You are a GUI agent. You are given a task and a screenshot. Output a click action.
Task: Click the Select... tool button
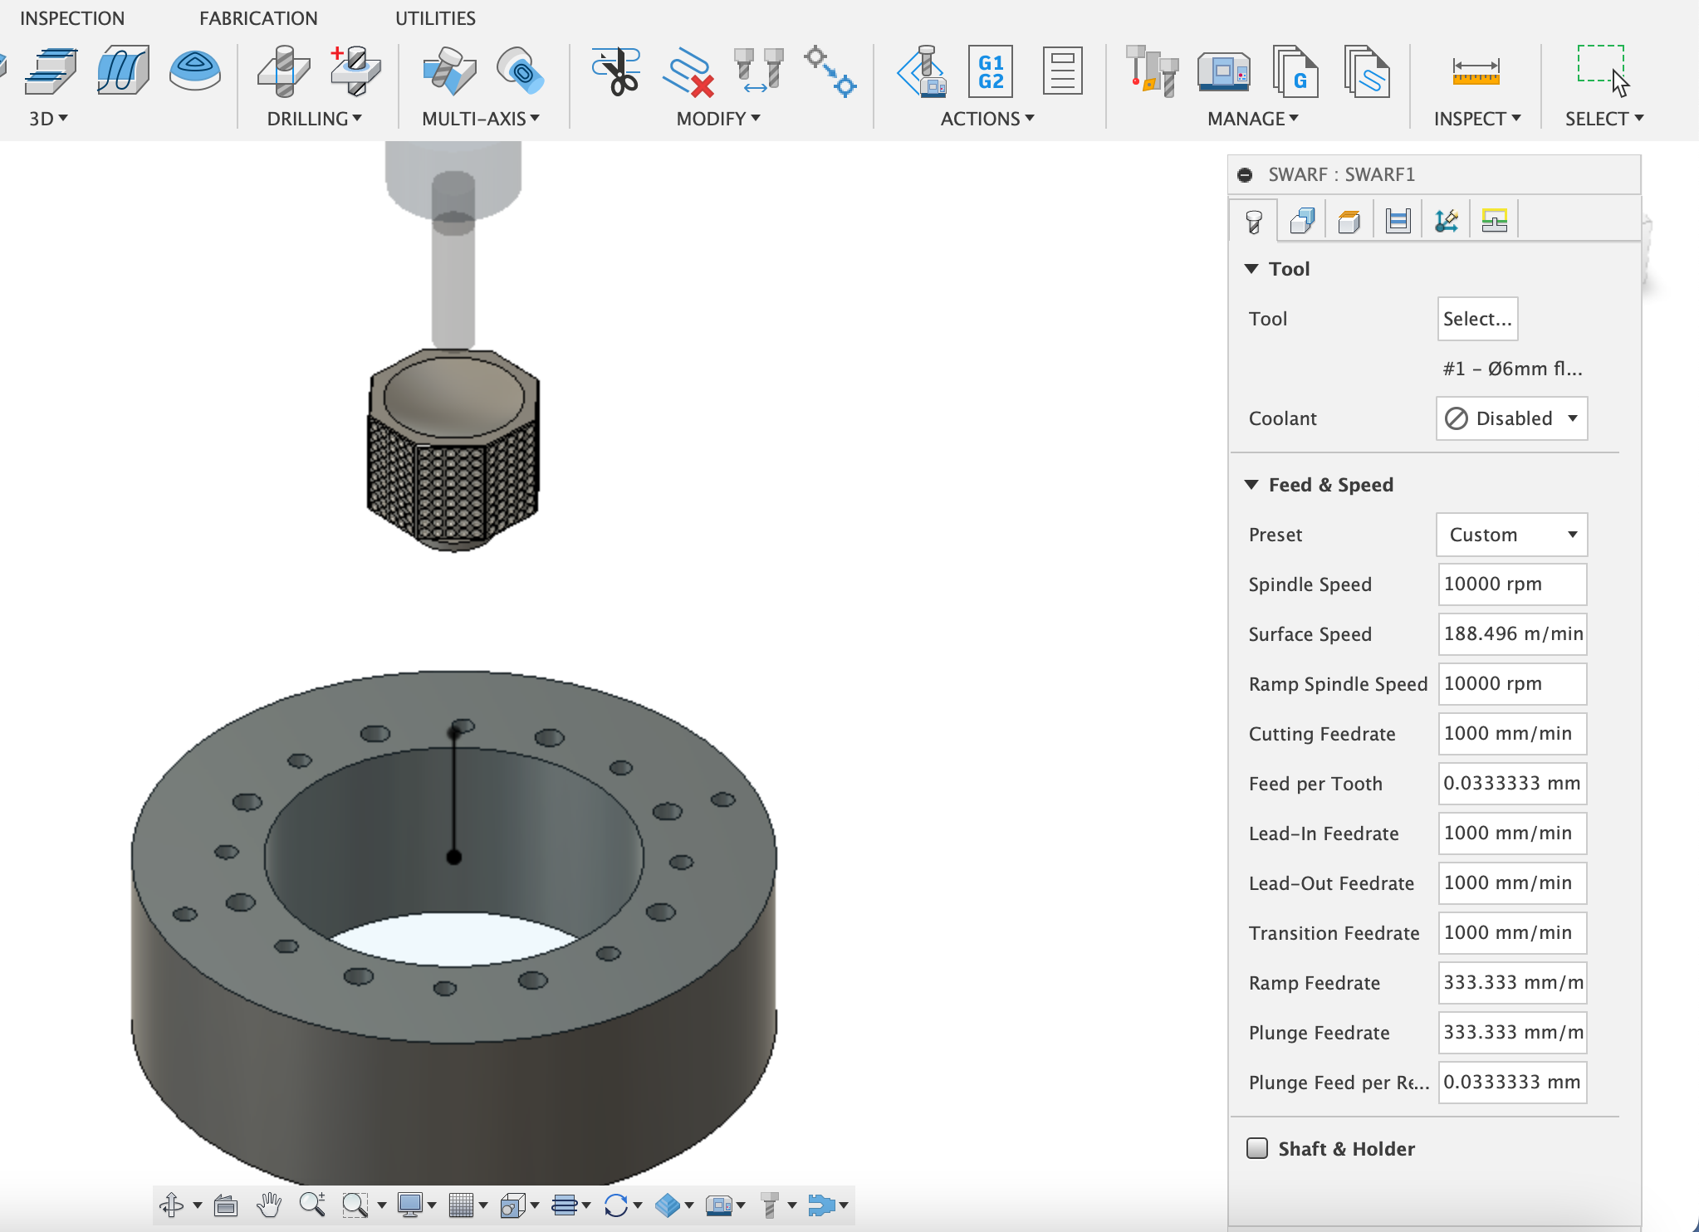(1476, 319)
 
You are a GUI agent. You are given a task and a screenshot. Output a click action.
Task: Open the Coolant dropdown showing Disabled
(1511, 418)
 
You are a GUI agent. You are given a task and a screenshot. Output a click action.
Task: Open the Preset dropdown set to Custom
(1511, 535)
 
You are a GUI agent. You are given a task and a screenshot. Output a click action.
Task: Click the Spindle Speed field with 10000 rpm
(1511, 584)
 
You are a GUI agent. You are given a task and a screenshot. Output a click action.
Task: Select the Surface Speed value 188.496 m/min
(1511, 634)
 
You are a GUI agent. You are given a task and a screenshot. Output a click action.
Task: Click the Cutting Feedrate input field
(1511, 734)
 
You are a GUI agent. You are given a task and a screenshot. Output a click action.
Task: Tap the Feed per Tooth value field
(1511, 784)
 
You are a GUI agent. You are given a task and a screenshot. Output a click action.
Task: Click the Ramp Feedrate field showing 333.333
(1511, 983)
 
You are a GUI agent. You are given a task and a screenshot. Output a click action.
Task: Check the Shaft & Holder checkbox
(1257, 1148)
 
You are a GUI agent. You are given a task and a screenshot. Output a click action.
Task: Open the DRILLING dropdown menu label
(314, 119)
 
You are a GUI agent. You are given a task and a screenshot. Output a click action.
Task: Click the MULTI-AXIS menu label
(480, 119)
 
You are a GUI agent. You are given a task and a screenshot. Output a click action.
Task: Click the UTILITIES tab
(435, 18)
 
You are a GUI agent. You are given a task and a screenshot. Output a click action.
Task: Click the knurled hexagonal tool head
(453, 465)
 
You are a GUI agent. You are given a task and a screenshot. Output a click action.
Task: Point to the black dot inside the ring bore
(454, 858)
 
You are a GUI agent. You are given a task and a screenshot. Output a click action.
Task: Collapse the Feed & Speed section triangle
(1251, 485)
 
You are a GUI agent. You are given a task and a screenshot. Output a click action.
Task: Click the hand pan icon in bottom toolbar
(268, 1205)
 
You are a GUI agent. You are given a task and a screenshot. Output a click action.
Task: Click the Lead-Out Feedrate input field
(1511, 883)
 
